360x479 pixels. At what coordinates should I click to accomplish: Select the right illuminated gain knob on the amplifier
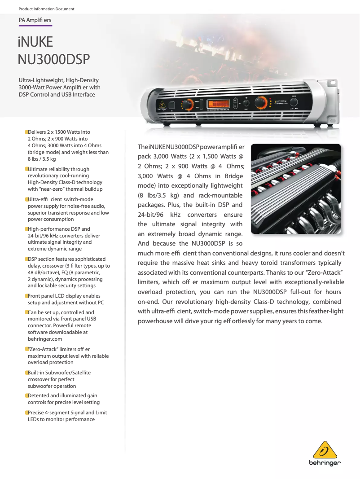pos(260,103)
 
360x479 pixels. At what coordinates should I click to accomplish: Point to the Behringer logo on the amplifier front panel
pos(162,108)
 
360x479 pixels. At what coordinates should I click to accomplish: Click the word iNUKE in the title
pos(35,43)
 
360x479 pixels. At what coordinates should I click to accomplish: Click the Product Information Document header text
pos(47,9)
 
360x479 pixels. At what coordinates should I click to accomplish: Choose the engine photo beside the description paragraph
pos(295,189)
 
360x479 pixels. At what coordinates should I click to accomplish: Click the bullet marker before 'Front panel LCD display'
pos(26,296)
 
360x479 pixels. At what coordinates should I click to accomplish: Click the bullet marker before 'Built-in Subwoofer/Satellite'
pos(26,373)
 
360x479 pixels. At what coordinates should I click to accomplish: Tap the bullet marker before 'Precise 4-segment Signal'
pos(26,413)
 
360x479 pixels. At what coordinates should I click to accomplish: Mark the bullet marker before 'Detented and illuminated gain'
pos(26,396)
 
